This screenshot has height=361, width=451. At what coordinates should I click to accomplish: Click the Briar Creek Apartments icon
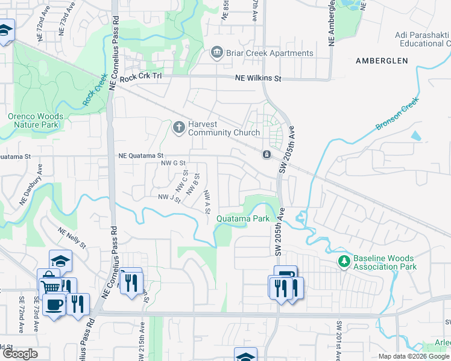pyautogui.click(x=216, y=53)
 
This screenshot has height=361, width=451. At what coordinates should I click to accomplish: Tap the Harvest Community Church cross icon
pyautogui.click(x=178, y=128)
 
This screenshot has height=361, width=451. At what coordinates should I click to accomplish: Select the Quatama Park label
pyautogui.click(x=243, y=219)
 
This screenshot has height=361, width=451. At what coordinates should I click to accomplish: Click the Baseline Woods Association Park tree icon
pyautogui.click(x=344, y=261)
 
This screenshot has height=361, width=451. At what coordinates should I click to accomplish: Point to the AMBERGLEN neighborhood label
pyautogui.click(x=382, y=61)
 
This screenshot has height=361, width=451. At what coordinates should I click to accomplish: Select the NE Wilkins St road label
pyautogui.click(x=257, y=78)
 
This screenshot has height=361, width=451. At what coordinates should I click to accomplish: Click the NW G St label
pyautogui.click(x=172, y=163)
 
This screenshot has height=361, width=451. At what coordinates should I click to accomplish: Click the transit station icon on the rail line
pyautogui.click(x=266, y=155)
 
